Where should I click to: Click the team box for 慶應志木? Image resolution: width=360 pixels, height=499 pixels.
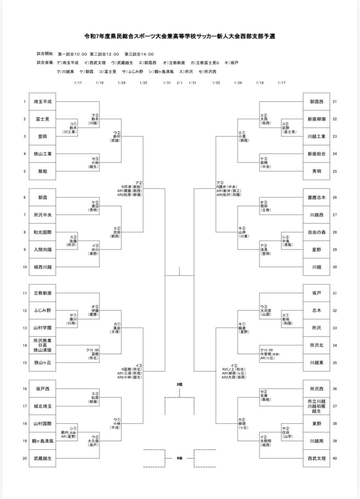[x=317, y=198]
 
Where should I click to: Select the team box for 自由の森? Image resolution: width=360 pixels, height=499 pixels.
[x=317, y=232]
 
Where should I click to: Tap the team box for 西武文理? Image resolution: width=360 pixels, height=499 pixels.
[x=317, y=458]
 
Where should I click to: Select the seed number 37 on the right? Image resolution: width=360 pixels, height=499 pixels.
[x=335, y=406]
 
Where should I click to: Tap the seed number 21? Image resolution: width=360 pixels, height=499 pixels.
[x=335, y=101]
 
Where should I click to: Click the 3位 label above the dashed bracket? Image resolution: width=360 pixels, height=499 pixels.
[x=179, y=385]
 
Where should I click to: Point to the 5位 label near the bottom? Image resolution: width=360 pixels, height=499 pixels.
[x=179, y=458]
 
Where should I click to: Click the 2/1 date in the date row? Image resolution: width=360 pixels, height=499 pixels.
[x=180, y=82]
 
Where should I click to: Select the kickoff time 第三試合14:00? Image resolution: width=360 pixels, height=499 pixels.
[x=139, y=54]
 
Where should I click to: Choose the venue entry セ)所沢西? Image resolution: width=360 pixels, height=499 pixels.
[x=207, y=72]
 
